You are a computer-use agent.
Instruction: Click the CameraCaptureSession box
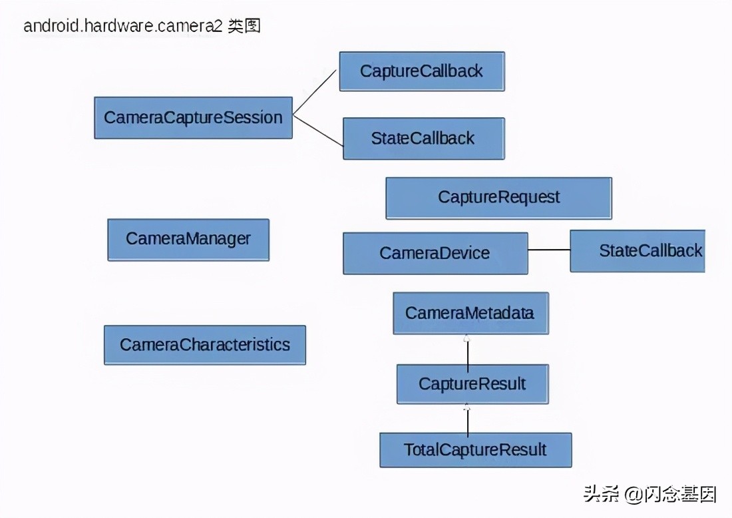click(193, 118)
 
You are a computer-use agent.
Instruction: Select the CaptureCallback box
click(422, 71)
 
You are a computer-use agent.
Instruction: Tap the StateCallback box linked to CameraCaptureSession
click(423, 138)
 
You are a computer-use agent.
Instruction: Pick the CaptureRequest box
click(498, 198)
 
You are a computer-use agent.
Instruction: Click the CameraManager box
click(188, 239)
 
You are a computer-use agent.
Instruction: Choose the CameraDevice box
click(435, 253)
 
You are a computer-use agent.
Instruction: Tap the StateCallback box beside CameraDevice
click(637, 251)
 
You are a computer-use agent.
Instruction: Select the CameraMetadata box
click(470, 313)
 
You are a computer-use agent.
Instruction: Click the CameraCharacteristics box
click(205, 345)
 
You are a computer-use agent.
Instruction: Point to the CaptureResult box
click(472, 384)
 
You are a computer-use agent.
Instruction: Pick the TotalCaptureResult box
click(475, 449)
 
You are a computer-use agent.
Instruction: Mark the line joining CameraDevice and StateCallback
click(549, 250)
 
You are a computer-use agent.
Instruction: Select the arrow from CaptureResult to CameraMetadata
click(468, 351)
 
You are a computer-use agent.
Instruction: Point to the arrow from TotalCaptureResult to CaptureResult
click(468, 419)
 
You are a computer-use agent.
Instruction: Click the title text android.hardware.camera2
click(122, 27)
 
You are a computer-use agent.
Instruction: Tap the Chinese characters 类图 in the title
click(244, 27)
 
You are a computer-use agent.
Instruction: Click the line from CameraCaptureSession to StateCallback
click(318, 130)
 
